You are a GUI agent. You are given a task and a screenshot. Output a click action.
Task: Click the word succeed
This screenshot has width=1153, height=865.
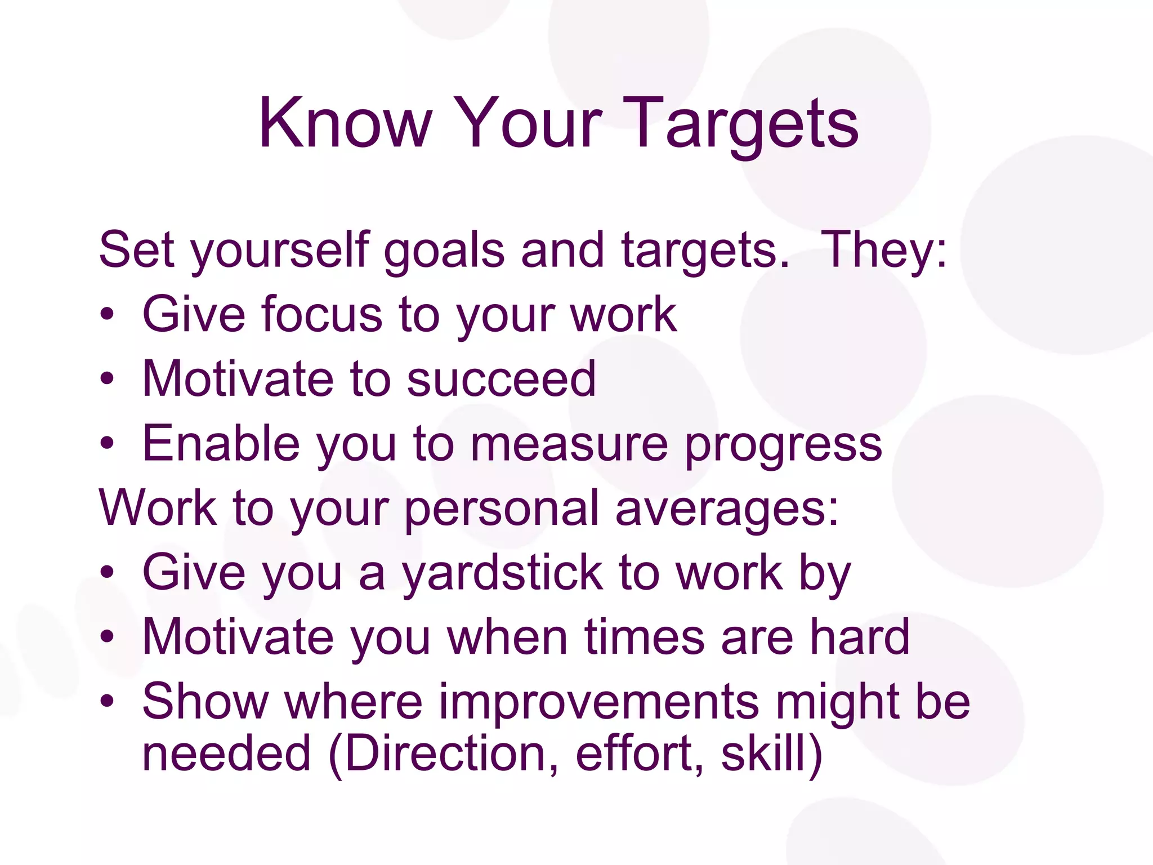tap(500, 379)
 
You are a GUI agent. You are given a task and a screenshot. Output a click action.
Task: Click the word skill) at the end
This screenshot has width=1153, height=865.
tap(771, 755)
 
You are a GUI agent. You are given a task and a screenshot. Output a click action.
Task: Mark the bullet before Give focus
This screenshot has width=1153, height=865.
tap(107, 315)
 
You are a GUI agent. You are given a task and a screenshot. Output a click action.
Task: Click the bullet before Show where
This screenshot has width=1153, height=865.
tap(107, 702)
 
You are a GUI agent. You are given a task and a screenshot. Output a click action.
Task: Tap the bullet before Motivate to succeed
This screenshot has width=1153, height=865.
tap(107, 380)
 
